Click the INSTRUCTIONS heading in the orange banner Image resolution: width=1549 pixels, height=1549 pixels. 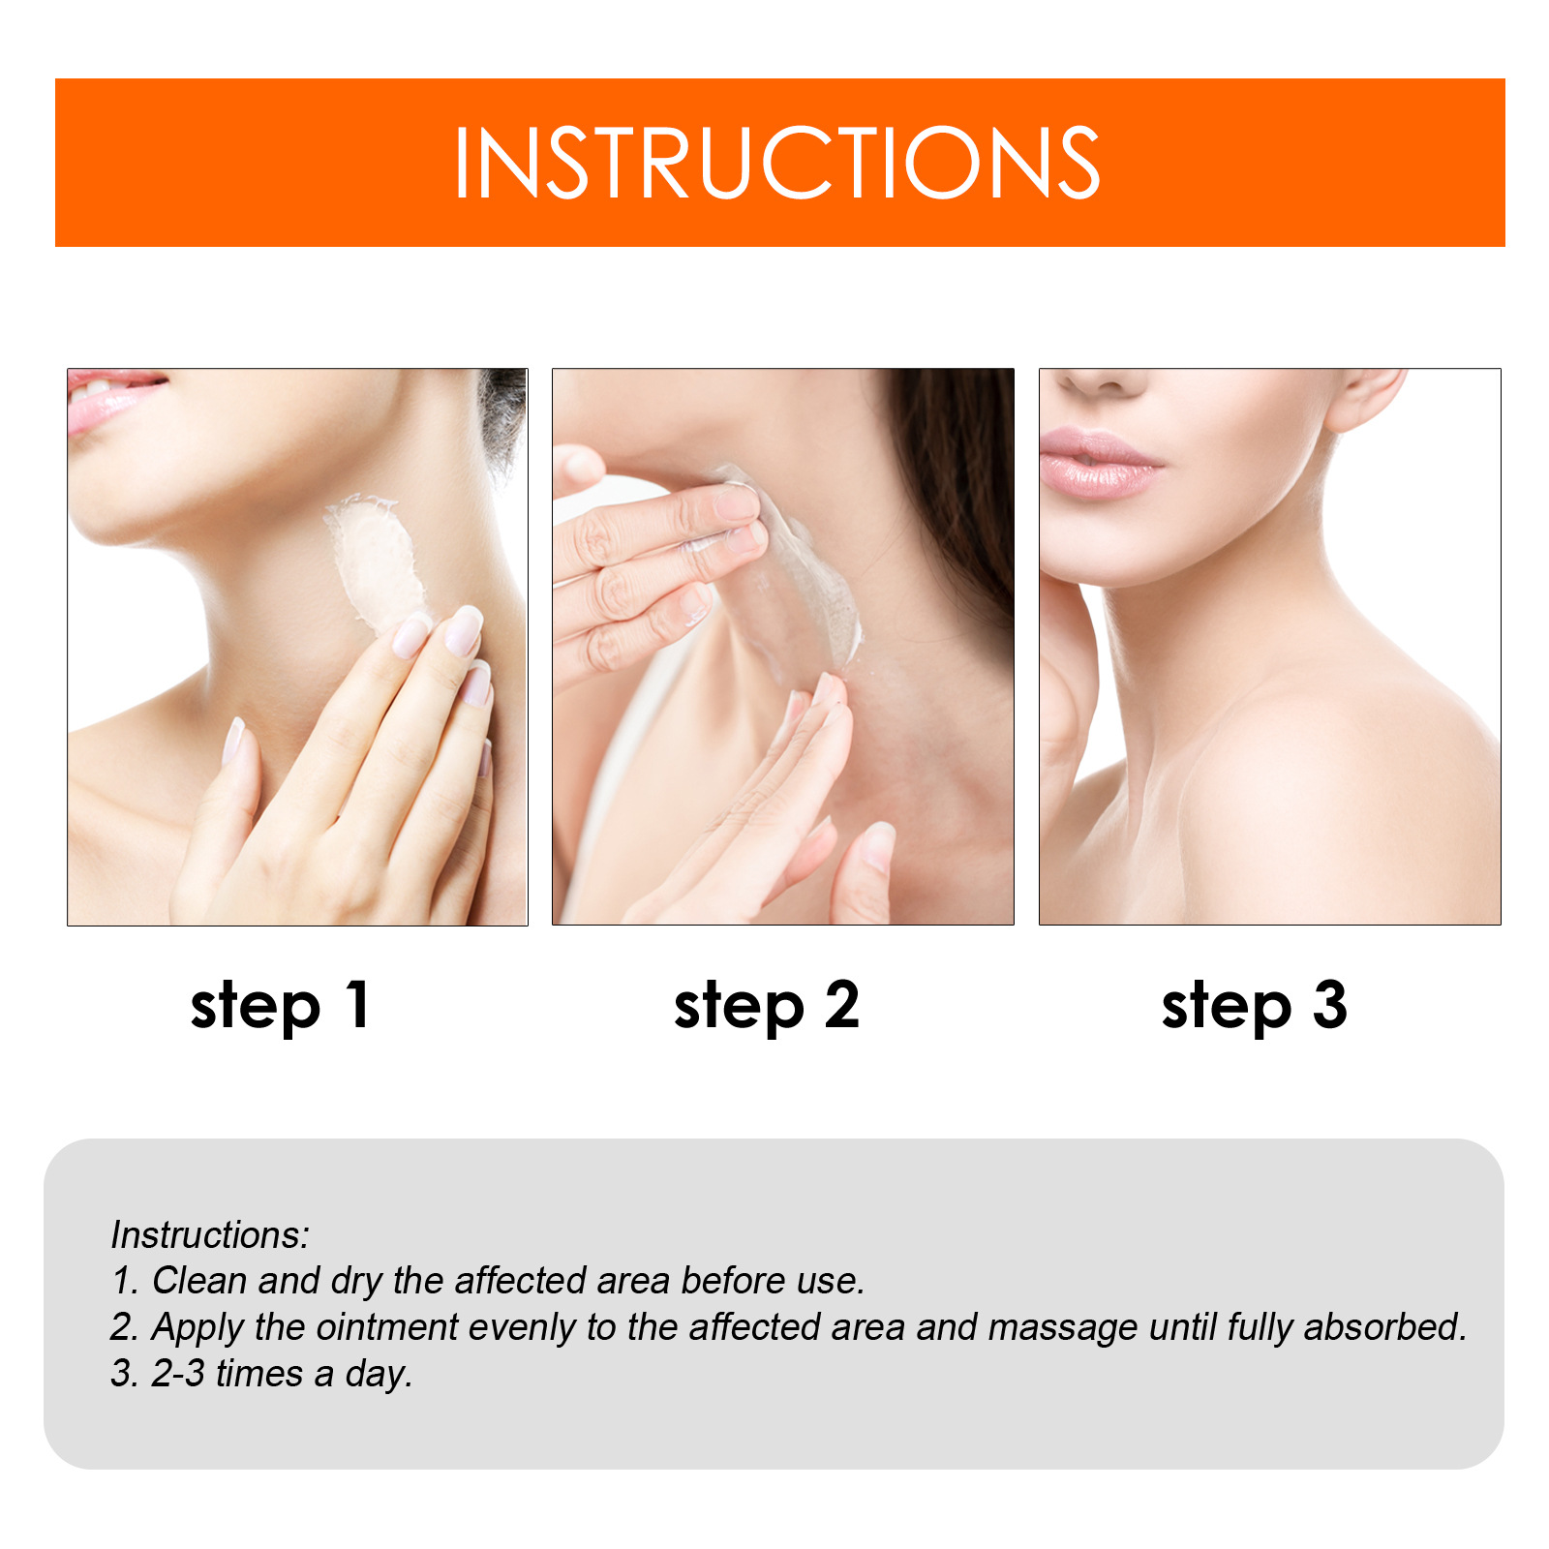(776, 163)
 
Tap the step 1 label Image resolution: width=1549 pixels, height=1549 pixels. (280, 1007)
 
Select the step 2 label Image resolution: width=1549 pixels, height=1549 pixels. (766, 1007)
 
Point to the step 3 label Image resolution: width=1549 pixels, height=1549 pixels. (1254, 1007)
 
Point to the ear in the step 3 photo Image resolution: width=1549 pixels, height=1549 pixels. (1365, 397)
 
